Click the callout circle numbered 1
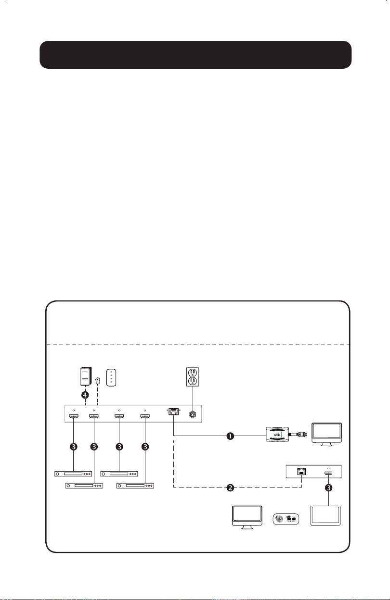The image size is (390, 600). tap(230, 436)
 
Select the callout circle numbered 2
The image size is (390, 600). tap(230, 488)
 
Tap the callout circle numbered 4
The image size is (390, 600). tap(85, 395)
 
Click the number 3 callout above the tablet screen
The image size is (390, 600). tap(328, 488)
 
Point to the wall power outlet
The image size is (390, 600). tap(193, 377)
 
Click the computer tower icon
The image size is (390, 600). tap(86, 376)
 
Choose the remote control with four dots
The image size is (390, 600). tap(111, 378)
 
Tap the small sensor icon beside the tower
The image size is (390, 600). tap(98, 380)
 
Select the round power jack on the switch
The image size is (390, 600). tap(193, 414)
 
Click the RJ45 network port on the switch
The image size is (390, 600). tap(173, 412)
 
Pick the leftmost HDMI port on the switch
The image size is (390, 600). tap(74, 416)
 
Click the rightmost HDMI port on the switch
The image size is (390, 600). tap(145, 416)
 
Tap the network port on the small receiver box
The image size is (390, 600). tap(301, 472)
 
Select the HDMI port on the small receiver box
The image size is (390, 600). tap(328, 474)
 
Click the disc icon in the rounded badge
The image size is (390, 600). tap(279, 519)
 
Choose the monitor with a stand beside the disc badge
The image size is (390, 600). tap(247, 517)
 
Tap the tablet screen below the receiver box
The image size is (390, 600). tap(325, 515)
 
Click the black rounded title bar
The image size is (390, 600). tap(195, 55)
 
